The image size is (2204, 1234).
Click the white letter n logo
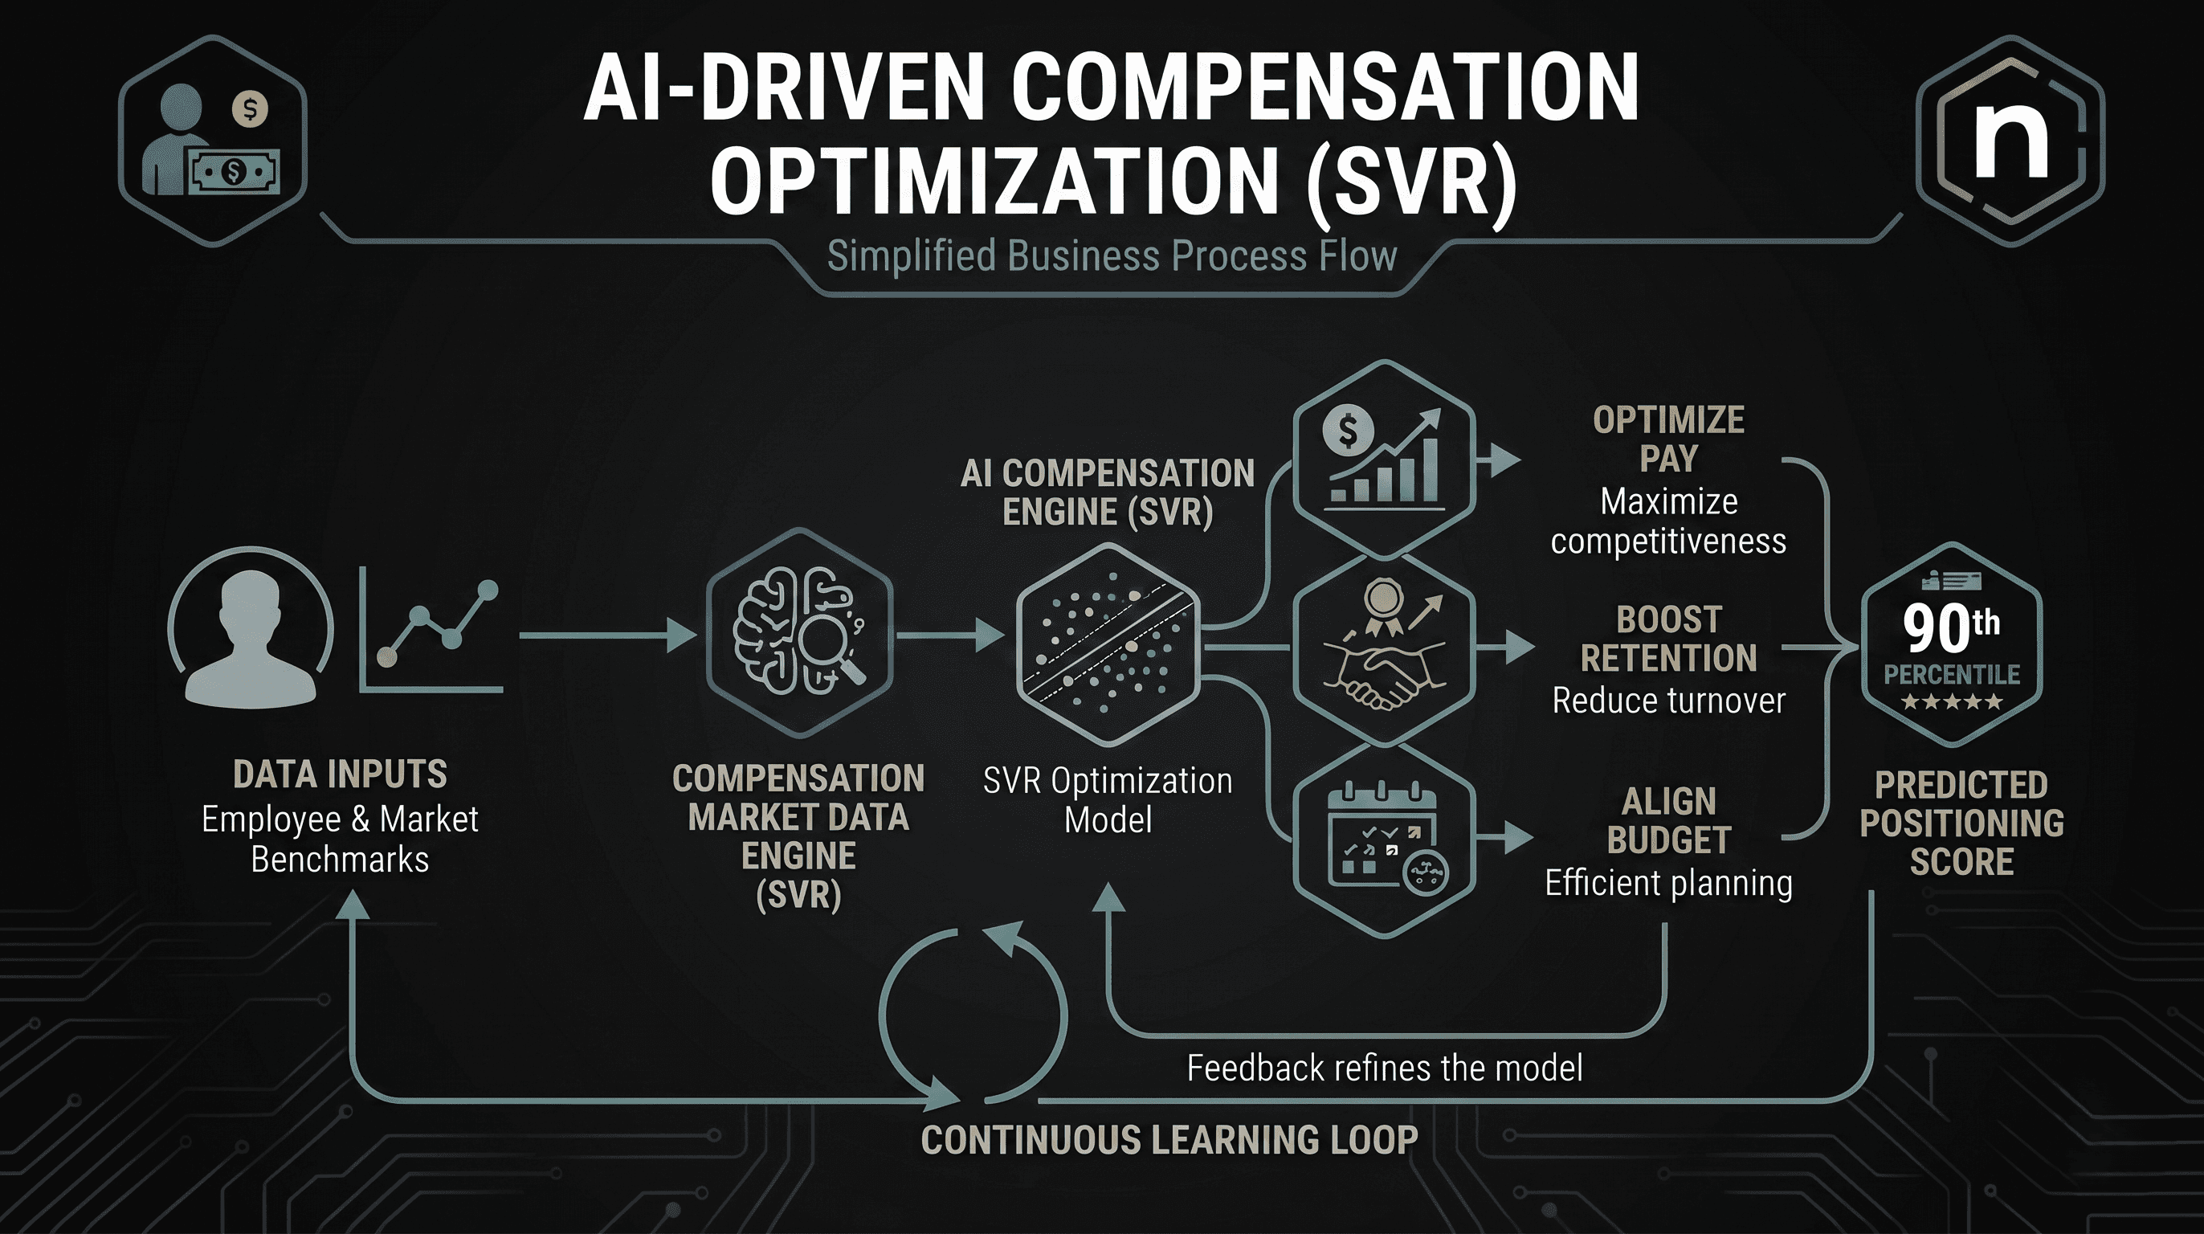coord(2010,142)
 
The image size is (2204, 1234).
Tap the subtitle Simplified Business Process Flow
coord(1112,255)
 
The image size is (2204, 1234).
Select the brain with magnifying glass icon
coord(799,631)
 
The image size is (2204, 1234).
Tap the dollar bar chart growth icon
coord(1383,458)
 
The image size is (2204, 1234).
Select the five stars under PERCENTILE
coord(1952,703)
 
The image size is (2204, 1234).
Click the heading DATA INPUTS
coord(340,774)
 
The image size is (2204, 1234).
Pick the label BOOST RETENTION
coord(1668,639)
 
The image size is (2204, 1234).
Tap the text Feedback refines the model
coord(1385,1068)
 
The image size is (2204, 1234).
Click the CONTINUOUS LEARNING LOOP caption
coord(1169,1140)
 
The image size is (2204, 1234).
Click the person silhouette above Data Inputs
coord(250,638)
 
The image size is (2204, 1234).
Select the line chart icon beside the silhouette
coord(432,629)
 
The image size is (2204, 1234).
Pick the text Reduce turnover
coord(1668,701)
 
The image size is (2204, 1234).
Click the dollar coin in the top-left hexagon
coord(250,108)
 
